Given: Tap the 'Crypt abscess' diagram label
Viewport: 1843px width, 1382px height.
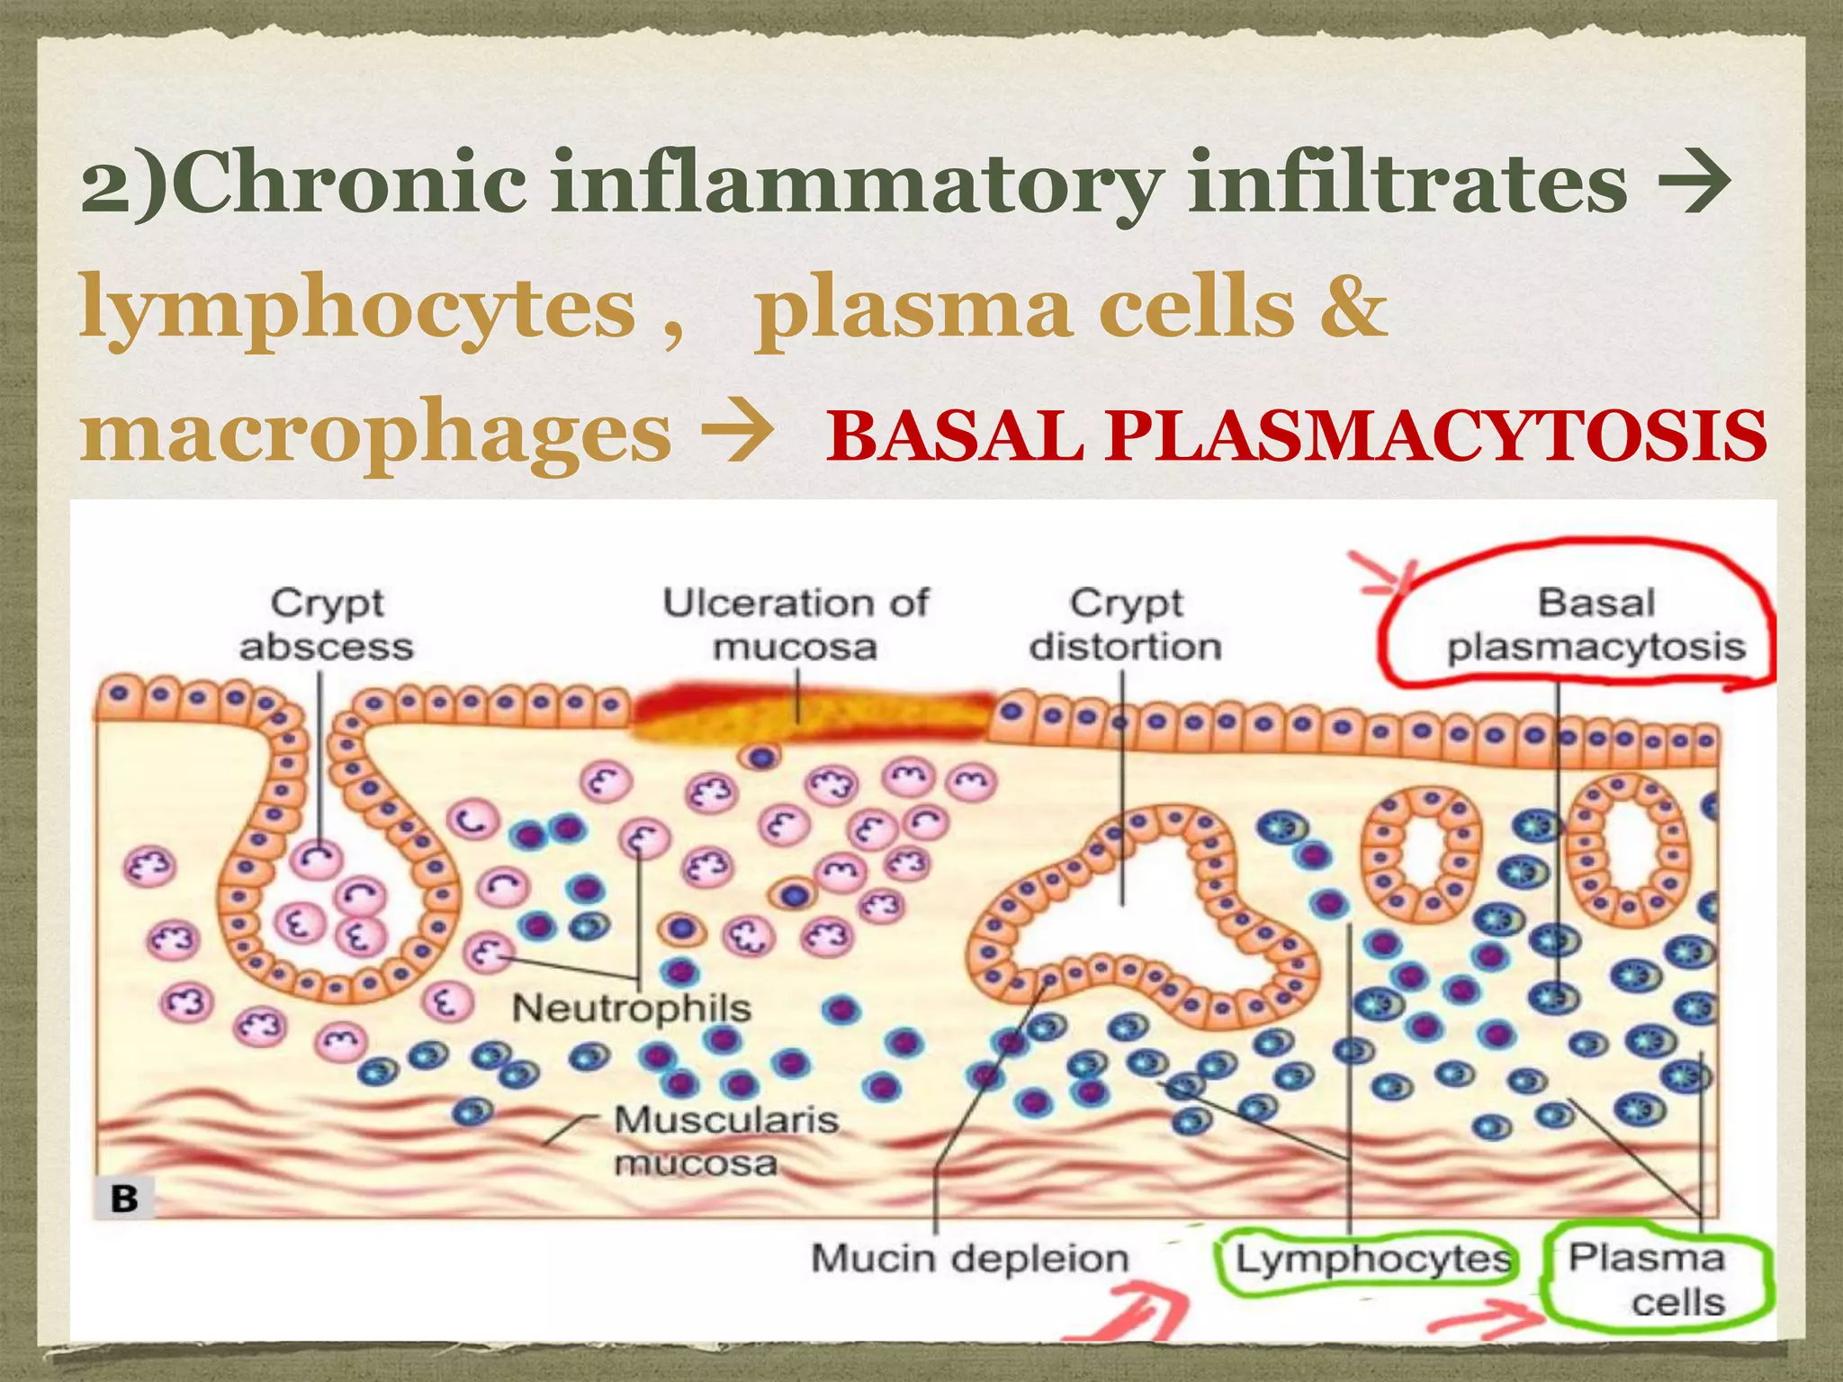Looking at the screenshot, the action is [327, 624].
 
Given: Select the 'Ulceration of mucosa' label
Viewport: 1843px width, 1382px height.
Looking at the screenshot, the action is [796, 624].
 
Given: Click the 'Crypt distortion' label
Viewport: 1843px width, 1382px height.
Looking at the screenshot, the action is [1126, 624].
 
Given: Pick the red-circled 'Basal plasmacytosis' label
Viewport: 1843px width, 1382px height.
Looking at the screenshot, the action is [1596, 624].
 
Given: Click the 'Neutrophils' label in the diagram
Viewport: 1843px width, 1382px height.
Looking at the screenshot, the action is [632, 1008].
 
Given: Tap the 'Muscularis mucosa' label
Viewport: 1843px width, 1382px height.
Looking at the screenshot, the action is [725, 1141].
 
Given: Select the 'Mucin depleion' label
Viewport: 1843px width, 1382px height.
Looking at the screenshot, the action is [970, 1258].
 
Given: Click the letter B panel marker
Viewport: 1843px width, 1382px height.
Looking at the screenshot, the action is [124, 1198].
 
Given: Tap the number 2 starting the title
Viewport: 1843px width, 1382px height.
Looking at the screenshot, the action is [106, 186].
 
